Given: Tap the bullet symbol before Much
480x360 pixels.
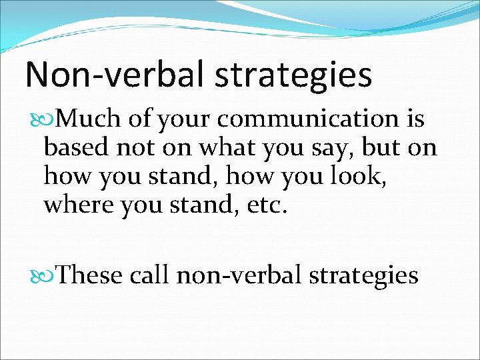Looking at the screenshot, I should point(46,119).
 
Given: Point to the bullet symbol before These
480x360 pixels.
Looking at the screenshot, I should point(46,275).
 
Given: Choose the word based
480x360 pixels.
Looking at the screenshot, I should point(77,147).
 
